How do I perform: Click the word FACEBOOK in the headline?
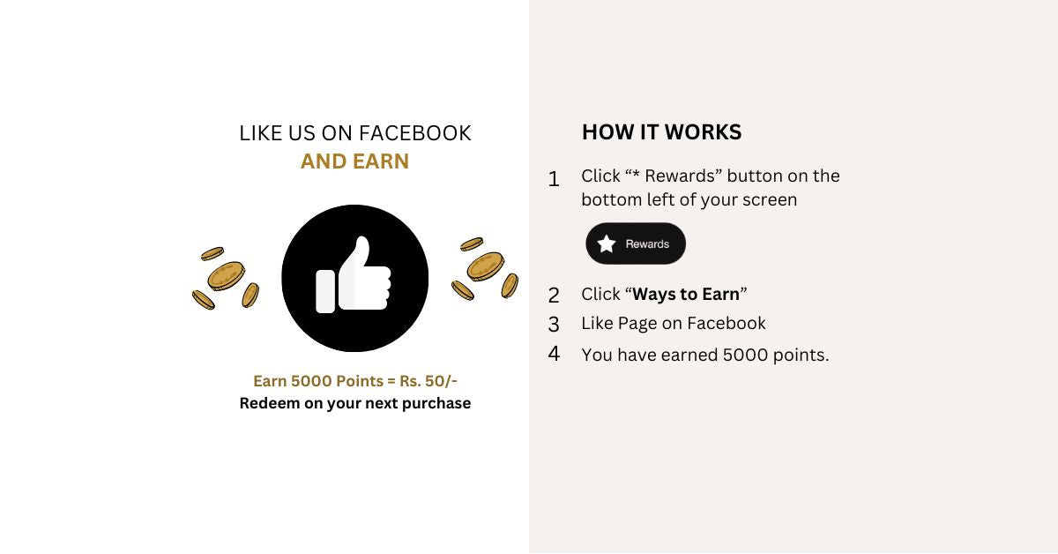click(x=415, y=133)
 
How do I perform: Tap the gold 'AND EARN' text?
click(x=354, y=161)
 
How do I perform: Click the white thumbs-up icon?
click(x=354, y=274)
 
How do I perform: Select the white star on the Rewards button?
click(x=607, y=243)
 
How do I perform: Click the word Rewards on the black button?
click(x=647, y=243)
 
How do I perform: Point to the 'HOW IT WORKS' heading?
click(x=662, y=131)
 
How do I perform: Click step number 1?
click(x=554, y=179)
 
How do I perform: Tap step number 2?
click(x=554, y=296)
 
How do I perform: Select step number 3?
click(x=554, y=325)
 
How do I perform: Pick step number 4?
click(x=554, y=353)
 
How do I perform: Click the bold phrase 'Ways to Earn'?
click(x=686, y=295)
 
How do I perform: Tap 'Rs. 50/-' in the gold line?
click(x=428, y=381)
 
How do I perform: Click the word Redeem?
click(x=269, y=403)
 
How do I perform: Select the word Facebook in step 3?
click(x=726, y=324)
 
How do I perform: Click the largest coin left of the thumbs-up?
click(x=227, y=276)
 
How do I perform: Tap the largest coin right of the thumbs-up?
click(x=486, y=266)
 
